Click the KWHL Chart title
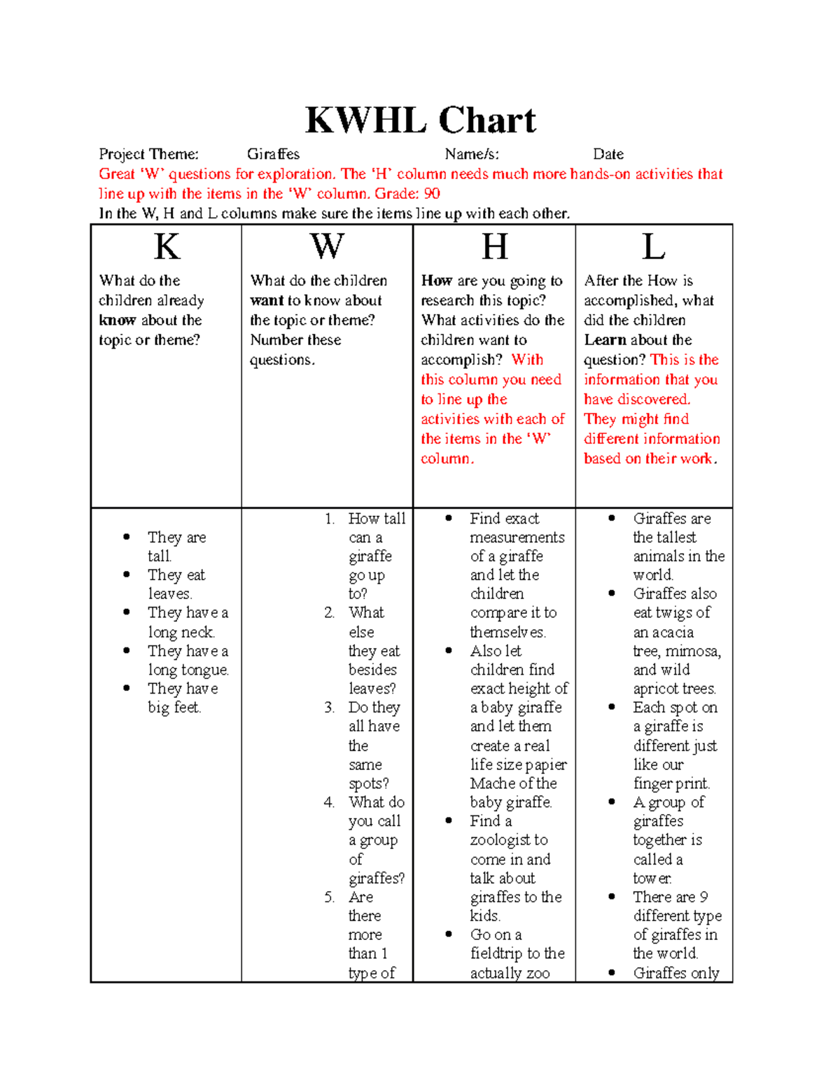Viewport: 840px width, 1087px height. pos(421,120)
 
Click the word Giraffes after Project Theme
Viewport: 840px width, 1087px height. pos(273,154)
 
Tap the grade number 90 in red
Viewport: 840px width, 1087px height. pos(432,194)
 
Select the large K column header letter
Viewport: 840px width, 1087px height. pos(167,247)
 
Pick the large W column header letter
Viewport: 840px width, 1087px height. pos(327,247)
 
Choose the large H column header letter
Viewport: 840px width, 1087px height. pos(494,247)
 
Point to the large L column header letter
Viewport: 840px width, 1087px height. pos(653,247)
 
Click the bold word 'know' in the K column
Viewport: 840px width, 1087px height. pos(117,321)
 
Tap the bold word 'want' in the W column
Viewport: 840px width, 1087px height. pos(266,301)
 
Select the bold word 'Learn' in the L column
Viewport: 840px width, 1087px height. pos(605,340)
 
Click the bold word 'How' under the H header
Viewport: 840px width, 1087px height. pos(436,281)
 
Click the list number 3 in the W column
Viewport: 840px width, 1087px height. pos(329,708)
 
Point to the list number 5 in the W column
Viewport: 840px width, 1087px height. pos(329,897)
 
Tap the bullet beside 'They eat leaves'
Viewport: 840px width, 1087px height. pos(127,575)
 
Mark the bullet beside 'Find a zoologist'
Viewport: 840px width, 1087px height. pos(449,820)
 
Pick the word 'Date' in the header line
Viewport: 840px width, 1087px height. pos(608,154)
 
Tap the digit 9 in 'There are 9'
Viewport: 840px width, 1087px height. pos(703,897)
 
